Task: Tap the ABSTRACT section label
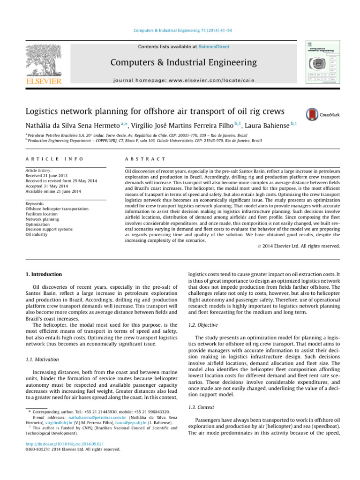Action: click(141, 159)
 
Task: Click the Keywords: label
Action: click(37, 204)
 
